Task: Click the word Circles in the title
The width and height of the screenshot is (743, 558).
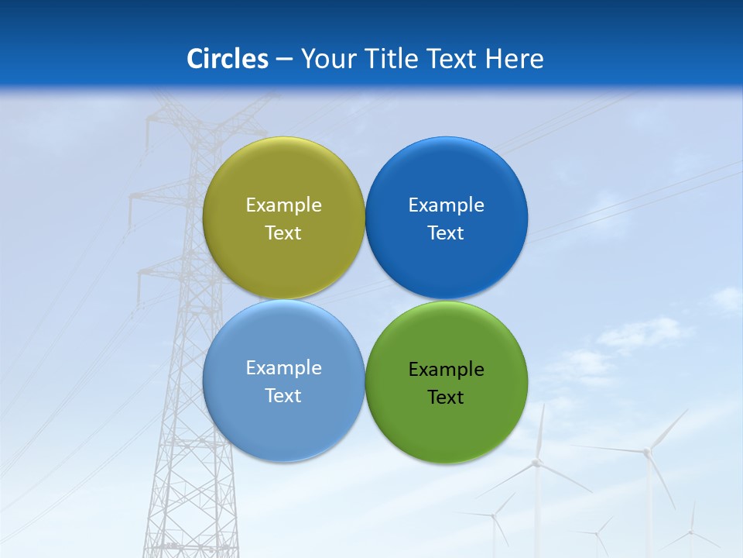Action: click(228, 59)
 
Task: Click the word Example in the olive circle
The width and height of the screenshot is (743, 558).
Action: click(283, 205)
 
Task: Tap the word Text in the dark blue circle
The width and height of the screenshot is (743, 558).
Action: click(446, 232)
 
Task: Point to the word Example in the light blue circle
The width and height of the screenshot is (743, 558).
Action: click(283, 367)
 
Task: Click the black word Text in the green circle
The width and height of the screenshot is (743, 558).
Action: click(446, 397)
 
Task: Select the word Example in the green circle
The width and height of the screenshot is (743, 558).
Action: click(447, 369)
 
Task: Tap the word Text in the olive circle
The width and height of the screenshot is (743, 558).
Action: click(283, 232)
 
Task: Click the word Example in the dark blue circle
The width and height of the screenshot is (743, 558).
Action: click(447, 205)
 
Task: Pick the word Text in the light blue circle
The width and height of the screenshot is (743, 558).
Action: click(283, 395)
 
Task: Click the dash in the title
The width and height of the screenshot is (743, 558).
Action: click(284, 60)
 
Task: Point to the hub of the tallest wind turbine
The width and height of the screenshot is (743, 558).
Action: click(646, 450)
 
